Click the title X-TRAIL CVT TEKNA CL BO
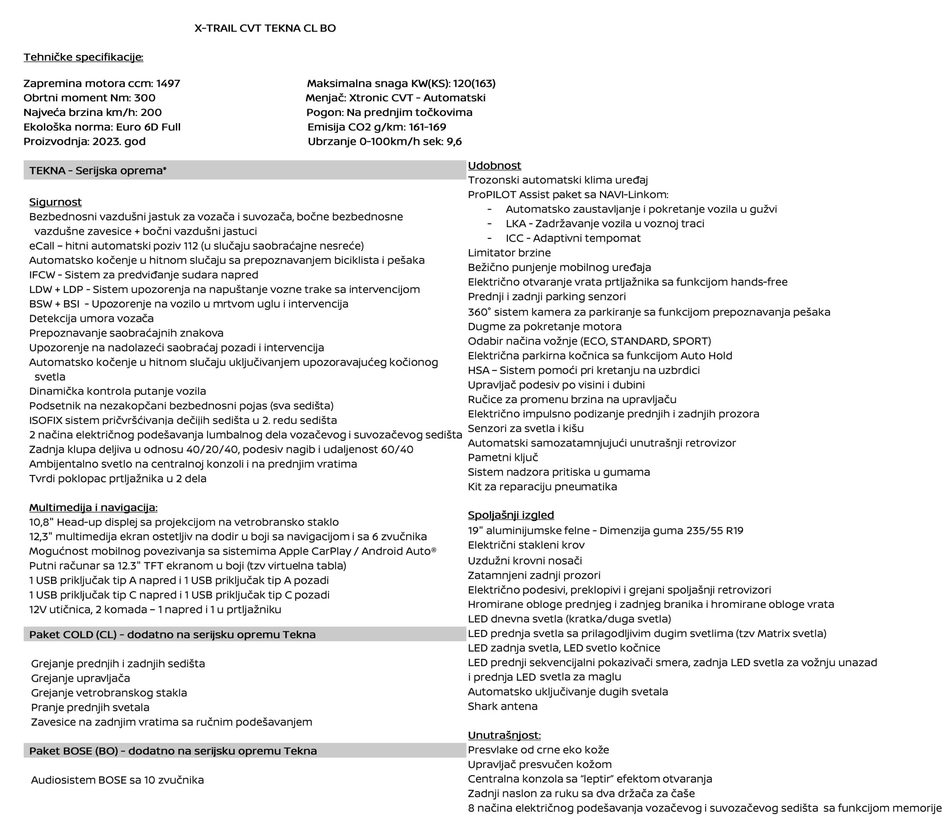[265, 28]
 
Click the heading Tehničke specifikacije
[83, 57]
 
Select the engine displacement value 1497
[168, 83]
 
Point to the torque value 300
[145, 98]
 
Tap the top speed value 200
[151, 113]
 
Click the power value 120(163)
[474, 83]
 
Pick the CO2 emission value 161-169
[427, 127]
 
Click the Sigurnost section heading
[55, 202]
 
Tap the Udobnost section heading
[494, 166]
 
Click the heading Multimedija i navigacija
[93, 508]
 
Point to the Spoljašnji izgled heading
[511, 515]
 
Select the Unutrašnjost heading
[504, 735]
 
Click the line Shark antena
[502, 706]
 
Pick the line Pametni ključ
[503, 457]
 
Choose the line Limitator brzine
[509, 253]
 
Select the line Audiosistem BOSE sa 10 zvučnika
[117, 780]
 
